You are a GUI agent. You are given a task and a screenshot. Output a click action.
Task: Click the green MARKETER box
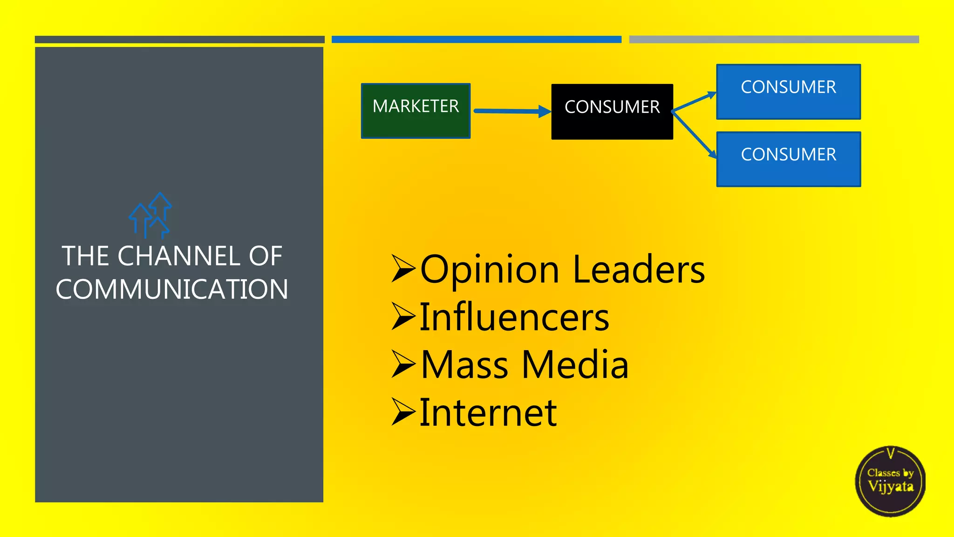pyautogui.click(x=416, y=111)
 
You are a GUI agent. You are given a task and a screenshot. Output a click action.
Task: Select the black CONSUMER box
pyautogui.click(x=612, y=112)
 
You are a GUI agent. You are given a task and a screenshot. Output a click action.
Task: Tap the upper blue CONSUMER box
pyautogui.click(x=788, y=92)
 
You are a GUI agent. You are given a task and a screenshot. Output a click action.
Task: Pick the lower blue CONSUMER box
pyautogui.click(x=788, y=159)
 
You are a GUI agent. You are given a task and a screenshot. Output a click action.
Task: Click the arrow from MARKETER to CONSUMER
pyautogui.click(x=511, y=111)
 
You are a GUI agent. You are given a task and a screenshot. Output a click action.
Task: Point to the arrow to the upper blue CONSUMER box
pyautogui.click(x=694, y=102)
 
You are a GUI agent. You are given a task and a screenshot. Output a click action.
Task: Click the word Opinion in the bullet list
pyautogui.click(x=490, y=270)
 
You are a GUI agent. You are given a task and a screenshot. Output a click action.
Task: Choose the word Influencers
pyautogui.click(x=514, y=317)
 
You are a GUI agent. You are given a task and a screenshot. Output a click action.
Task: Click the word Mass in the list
pyautogui.click(x=464, y=365)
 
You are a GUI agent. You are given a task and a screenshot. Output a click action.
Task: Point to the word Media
pyautogui.click(x=575, y=365)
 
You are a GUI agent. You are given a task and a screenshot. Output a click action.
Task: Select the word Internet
pyautogui.click(x=488, y=413)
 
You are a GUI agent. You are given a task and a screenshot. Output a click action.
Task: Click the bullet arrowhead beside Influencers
pyautogui.click(x=402, y=317)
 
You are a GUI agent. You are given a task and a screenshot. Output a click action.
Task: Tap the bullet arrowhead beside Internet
pyautogui.click(x=402, y=412)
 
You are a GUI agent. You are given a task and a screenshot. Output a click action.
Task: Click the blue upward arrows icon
pyautogui.click(x=150, y=215)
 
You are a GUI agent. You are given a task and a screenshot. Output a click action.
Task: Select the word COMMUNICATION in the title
pyautogui.click(x=172, y=289)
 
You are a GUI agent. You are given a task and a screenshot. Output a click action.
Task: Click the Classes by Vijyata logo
pyautogui.click(x=890, y=481)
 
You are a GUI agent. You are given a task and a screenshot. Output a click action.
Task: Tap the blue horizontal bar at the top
pyautogui.click(x=476, y=40)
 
